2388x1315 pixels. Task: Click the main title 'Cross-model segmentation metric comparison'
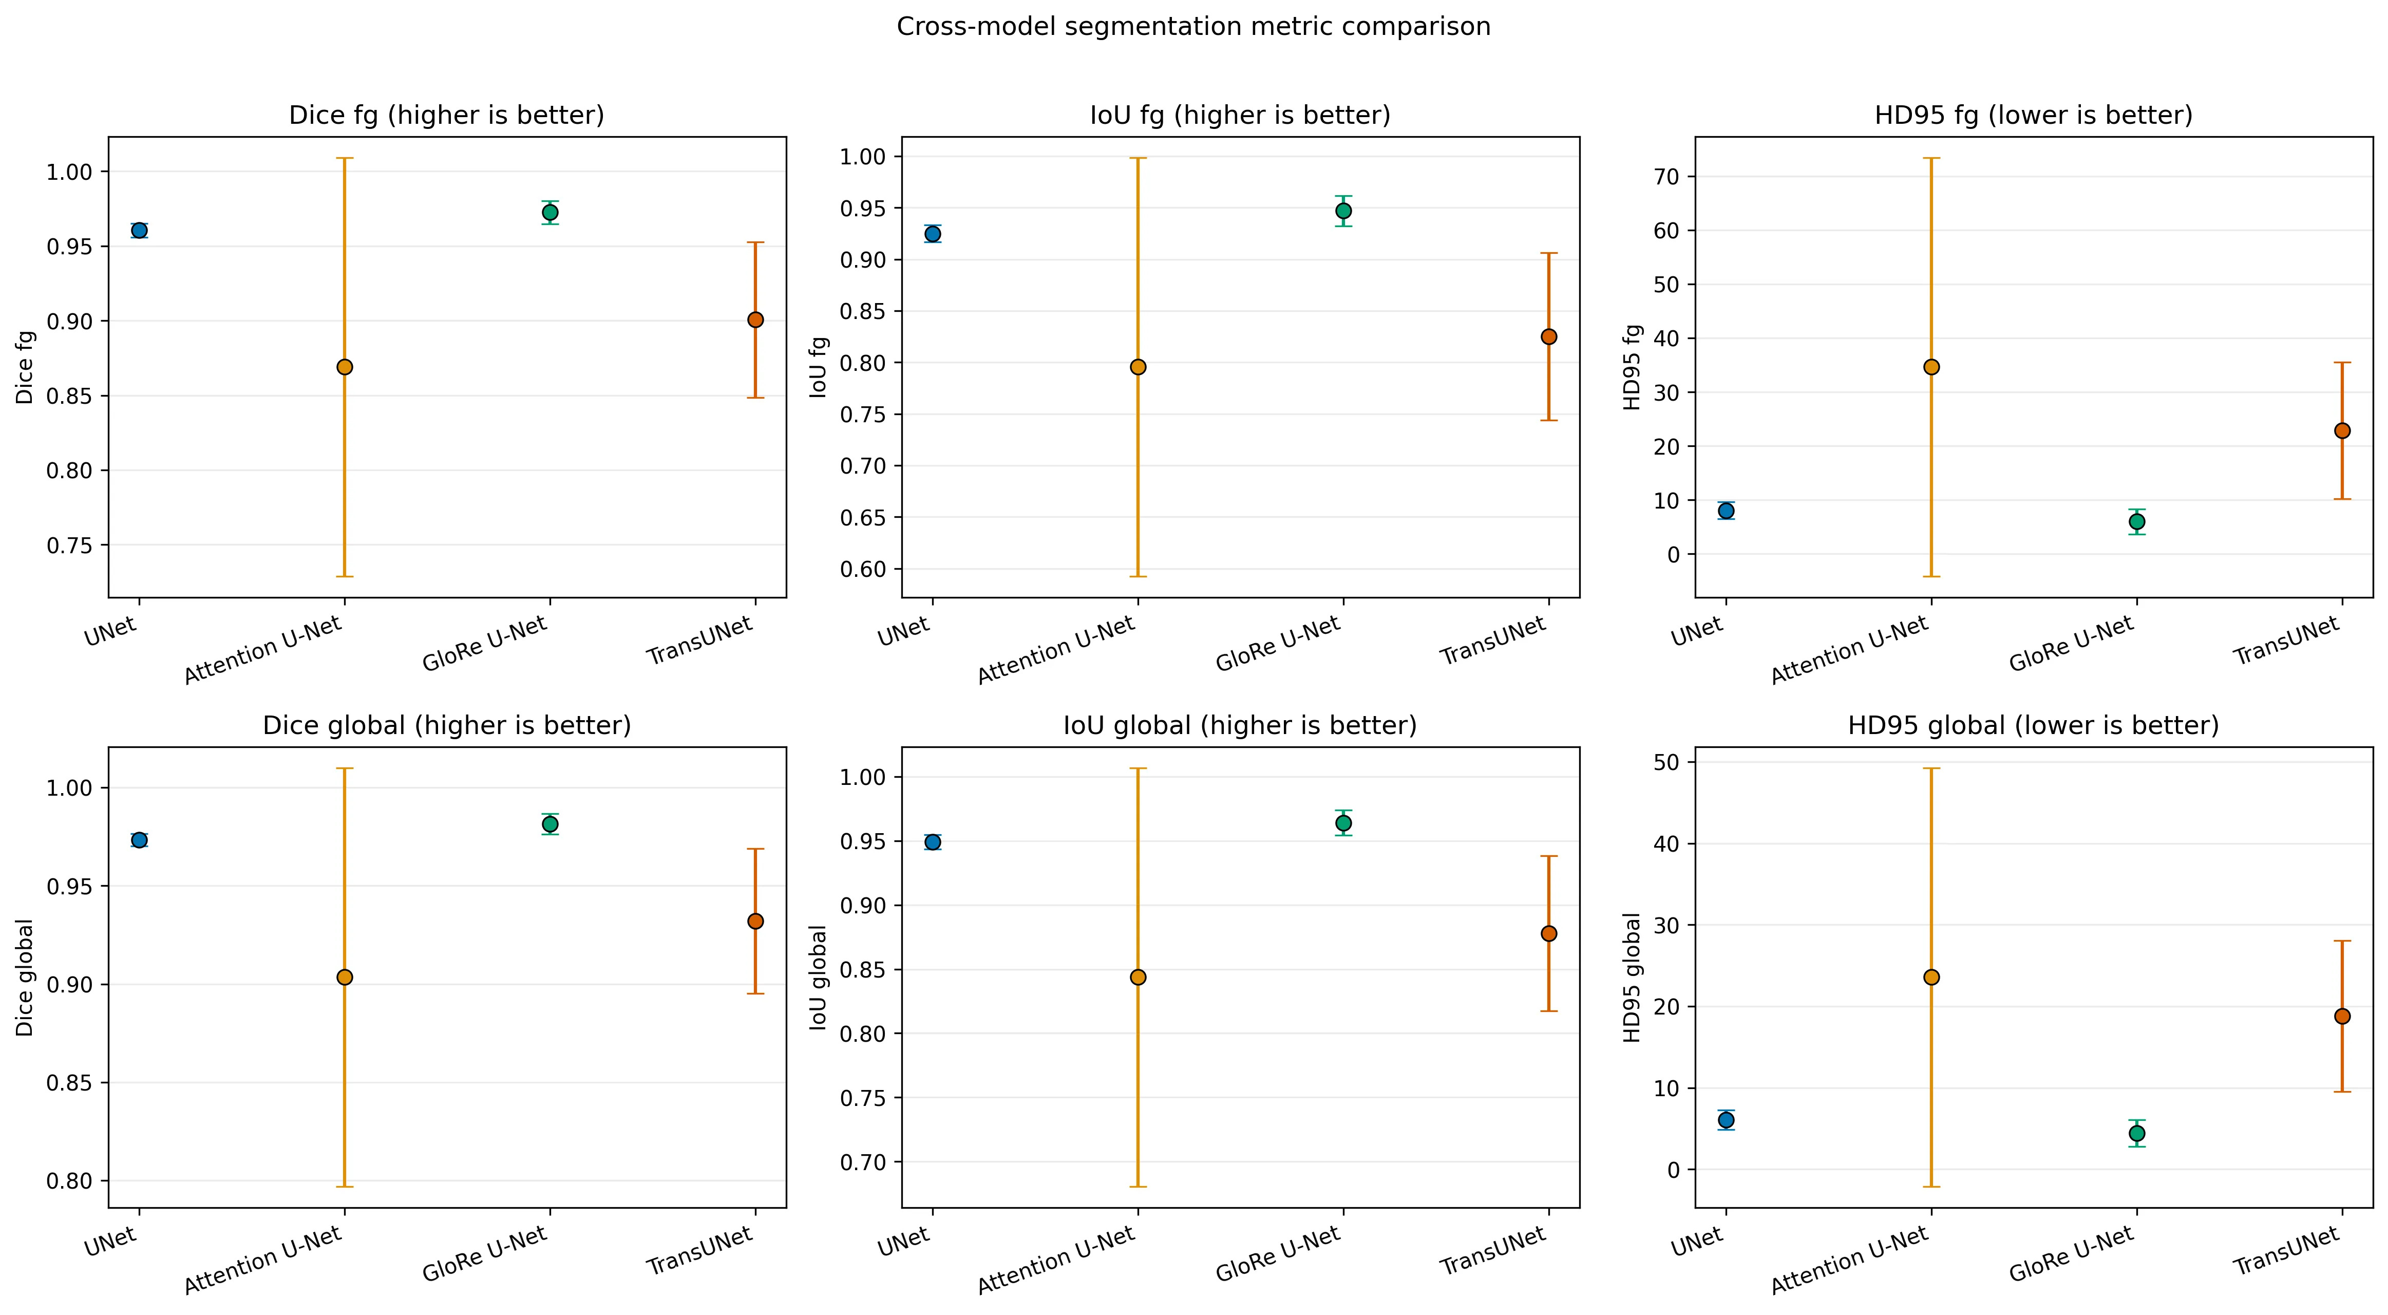1193,27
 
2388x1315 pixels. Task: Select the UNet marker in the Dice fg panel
139,230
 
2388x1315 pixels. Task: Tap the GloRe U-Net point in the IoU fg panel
1343,211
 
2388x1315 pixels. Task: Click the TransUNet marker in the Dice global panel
755,921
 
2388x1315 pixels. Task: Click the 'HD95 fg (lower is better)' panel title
2033,116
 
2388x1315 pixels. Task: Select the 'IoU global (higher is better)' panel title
1239,725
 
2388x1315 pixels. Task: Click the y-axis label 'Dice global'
25,978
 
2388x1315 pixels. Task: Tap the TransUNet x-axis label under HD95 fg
2286,642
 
